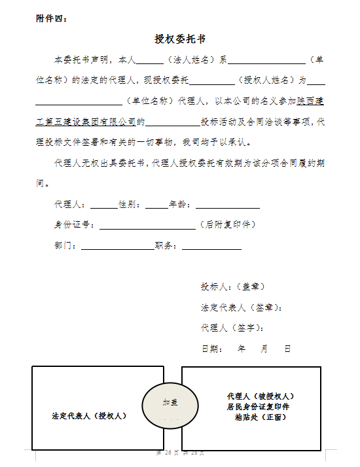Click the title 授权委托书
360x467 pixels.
[x=181, y=40]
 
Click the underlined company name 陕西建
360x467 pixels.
[x=310, y=101]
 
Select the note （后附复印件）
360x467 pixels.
[x=227, y=225]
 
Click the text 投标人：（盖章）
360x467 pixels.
[x=233, y=286]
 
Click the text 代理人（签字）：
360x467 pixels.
[x=233, y=328]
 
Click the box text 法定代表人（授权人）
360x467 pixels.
[x=90, y=415]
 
